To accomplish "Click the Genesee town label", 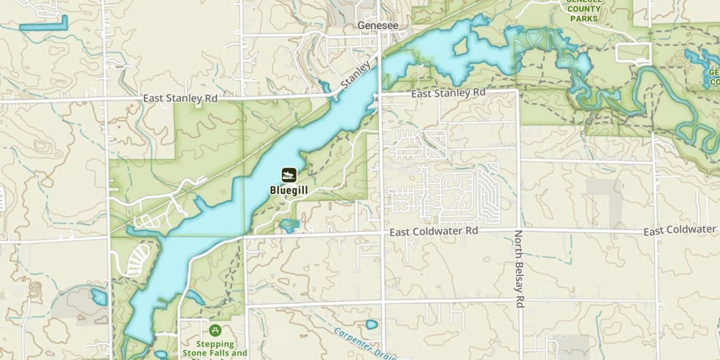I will (378, 25).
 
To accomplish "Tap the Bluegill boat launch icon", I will (288, 175).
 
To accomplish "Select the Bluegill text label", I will (288, 191).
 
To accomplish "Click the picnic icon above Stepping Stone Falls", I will (215, 330).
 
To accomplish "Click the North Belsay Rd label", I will (519, 269).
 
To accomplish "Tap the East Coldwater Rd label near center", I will (433, 232).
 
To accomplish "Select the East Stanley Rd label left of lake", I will (180, 98).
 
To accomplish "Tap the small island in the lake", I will (460, 47).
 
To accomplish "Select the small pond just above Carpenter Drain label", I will (372, 324).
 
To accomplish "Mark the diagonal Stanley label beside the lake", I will (356, 75).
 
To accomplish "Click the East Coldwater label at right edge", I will (679, 231).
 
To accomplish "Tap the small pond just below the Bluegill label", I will (289, 224).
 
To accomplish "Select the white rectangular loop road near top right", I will (633, 53).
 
